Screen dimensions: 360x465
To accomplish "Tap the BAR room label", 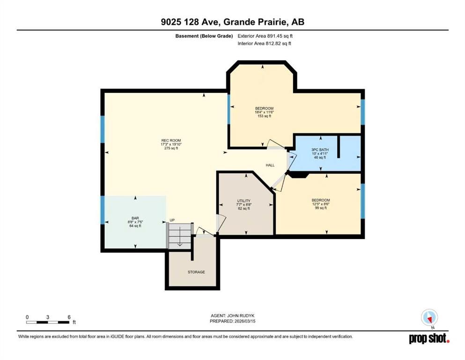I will pos(135,217).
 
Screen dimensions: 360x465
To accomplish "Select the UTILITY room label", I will pos(244,201).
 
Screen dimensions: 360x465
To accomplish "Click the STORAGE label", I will pos(196,272).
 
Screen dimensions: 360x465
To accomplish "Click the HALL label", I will pos(270,165).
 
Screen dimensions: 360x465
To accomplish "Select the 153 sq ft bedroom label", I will pos(264,109).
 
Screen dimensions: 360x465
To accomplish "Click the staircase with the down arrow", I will pos(180,236).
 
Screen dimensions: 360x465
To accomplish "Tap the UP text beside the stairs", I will pos(172,220).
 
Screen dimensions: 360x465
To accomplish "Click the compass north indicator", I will pos(429,317).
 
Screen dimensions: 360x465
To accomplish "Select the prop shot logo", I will pos(429,338).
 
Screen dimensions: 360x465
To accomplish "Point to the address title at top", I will pos(232,22).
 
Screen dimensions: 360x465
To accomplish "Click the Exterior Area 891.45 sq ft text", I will pos(266,36).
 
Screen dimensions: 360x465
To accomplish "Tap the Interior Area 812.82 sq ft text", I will pos(265,44).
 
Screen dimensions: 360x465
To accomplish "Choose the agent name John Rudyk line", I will pos(232,316).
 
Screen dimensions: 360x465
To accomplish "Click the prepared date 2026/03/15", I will pos(232,322).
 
